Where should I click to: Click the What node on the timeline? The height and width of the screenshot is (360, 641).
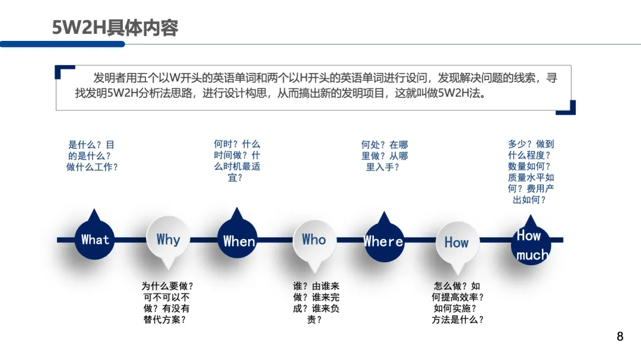coord(95,240)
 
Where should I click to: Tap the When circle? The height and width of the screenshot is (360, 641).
coord(238,240)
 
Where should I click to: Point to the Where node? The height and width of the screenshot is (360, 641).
coord(384,241)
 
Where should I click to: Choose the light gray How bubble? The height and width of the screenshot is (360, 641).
coord(456,242)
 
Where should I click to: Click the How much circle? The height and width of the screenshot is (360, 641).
coord(531,244)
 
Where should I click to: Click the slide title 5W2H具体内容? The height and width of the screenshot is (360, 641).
coord(115,28)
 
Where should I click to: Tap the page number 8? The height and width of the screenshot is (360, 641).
coord(620,337)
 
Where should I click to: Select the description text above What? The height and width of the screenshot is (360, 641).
coord(92,155)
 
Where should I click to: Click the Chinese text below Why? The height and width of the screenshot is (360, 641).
coord(167,302)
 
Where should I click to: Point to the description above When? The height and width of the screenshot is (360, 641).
coord(237,161)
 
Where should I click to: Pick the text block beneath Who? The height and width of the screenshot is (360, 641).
coord(316,302)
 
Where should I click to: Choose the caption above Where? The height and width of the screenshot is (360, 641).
coord(385,155)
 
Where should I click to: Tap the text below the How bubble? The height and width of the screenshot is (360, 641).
coord(458,302)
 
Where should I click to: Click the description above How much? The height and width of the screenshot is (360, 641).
coord(531,172)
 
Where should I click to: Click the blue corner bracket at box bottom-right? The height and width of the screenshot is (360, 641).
coord(569,108)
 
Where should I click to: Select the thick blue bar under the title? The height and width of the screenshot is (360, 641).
coord(62,44)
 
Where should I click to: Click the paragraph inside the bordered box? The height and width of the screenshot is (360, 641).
coord(315,85)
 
